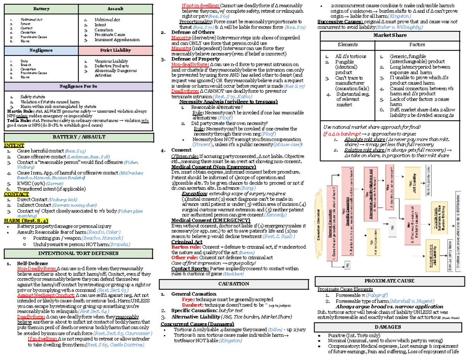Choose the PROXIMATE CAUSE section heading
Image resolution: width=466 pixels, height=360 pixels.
[389, 281]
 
